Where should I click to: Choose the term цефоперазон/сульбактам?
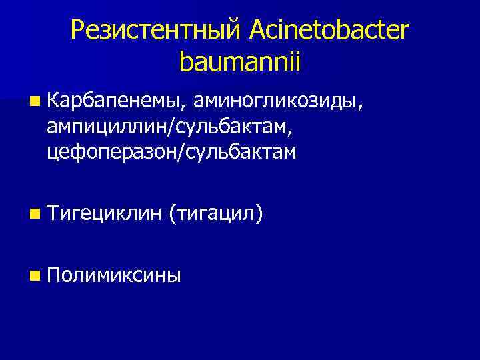click(171, 153)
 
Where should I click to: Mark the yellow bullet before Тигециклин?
click(35, 215)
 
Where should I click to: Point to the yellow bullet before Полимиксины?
click(35, 275)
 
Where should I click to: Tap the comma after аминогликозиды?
click(361, 107)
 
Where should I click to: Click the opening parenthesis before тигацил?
click(172, 214)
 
